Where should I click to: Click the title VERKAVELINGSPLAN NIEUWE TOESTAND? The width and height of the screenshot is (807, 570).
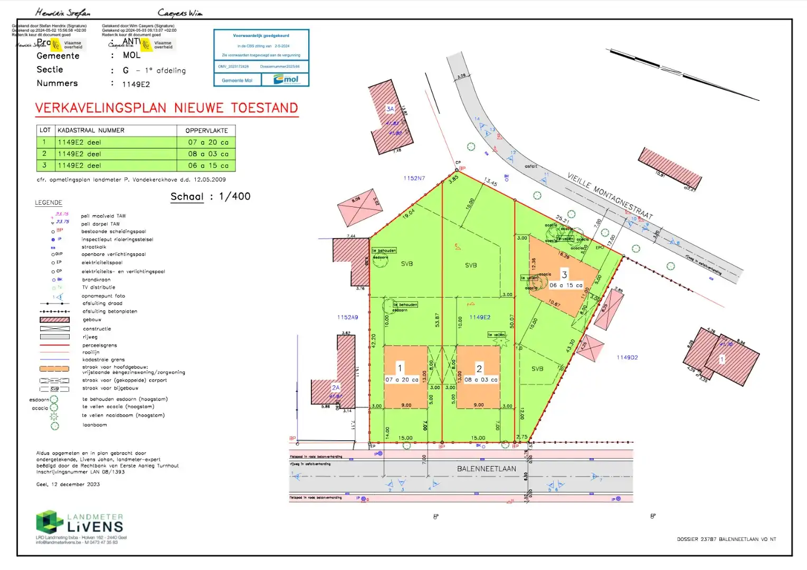click(x=166, y=108)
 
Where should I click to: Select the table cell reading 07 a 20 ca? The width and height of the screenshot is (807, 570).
click(x=208, y=142)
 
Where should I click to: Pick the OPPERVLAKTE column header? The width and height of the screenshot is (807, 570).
click(x=206, y=130)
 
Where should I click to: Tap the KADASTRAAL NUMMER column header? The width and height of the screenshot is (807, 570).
click(x=91, y=130)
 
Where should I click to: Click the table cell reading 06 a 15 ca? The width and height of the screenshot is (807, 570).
click(x=208, y=166)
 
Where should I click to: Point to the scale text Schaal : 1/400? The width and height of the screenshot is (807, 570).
click(x=210, y=197)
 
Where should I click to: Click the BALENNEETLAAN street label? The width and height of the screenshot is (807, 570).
click(x=486, y=469)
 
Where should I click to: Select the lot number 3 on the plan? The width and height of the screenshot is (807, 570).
click(x=564, y=274)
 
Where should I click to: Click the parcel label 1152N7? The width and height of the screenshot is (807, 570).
click(x=414, y=178)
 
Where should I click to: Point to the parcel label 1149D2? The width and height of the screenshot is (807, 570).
click(x=627, y=358)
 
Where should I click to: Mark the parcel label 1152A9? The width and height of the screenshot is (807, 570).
click(x=347, y=318)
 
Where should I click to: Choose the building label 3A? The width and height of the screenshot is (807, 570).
click(x=390, y=109)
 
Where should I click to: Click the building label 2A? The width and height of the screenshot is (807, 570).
click(x=336, y=388)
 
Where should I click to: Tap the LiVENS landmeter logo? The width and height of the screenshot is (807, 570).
click(x=80, y=523)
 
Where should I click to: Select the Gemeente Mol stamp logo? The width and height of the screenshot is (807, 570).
click(x=287, y=80)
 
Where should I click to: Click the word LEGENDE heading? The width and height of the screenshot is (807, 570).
click(x=49, y=203)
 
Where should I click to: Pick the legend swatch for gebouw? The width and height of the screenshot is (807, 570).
click(x=54, y=320)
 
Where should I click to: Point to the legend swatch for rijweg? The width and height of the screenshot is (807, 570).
click(x=54, y=337)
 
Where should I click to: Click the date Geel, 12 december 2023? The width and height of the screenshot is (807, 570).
click(x=68, y=484)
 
